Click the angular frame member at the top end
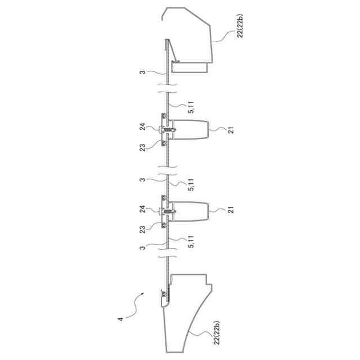191,39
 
